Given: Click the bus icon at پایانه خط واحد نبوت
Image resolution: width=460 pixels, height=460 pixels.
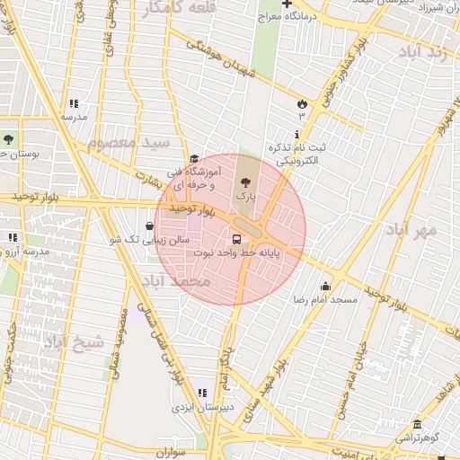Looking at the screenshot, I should point(237,239).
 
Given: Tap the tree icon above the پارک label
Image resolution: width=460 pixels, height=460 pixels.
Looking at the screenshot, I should point(247,178).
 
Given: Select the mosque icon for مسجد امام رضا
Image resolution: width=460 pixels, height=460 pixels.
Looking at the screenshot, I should point(325,284).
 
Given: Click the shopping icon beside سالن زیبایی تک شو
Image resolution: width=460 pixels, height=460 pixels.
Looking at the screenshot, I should point(149,226).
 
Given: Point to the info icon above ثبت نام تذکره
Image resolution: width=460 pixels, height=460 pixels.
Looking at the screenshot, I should point(298,133).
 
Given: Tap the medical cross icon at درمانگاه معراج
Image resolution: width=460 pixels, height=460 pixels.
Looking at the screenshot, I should point(286,4).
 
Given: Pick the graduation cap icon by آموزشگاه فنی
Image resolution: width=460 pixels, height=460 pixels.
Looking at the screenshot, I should point(194,159).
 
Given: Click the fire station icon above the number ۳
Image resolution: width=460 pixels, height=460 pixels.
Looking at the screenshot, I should point(301,103).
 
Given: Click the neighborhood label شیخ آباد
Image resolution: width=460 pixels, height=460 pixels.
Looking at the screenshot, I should point(75,341).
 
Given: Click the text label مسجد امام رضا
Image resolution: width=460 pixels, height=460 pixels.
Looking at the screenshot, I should point(325,298).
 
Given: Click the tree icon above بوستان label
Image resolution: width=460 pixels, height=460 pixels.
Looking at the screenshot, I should point(8,139).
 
